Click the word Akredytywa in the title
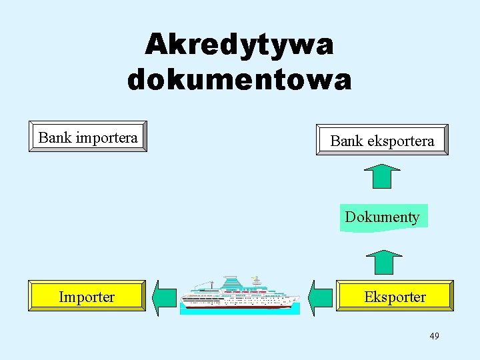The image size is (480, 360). click(239, 45)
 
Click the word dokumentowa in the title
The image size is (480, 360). click(239, 79)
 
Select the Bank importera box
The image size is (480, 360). click(87, 137)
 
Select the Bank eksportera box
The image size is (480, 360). click(382, 140)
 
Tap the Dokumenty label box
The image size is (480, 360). click(383, 217)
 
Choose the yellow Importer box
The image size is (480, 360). click(87, 296)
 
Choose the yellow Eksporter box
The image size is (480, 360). click(395, 296)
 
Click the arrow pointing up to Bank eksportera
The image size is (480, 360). click(382, 177)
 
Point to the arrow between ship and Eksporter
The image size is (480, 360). click(321, 297)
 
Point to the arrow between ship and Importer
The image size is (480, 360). click(164, 297)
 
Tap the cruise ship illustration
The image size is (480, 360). click(240, 293)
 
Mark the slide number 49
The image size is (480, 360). click(434, 336)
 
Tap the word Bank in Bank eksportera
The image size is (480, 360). click(346, 141)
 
